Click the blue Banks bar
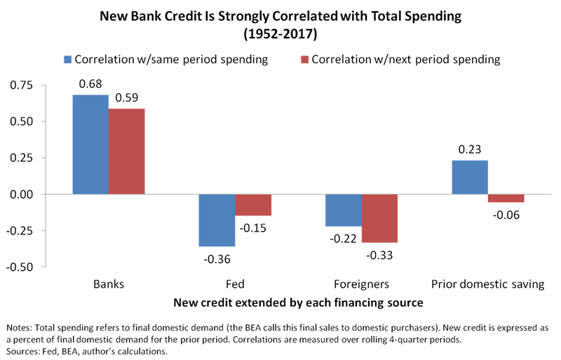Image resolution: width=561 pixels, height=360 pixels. [x=90, y=144]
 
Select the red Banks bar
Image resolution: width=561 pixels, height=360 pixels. [x=126, y=151]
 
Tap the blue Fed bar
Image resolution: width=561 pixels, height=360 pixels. [x=217, y=220]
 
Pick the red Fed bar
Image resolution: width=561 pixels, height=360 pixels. [x=252, y=204]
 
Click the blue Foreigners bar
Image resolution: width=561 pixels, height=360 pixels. [x=344, y=210]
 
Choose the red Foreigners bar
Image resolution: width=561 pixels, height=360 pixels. [x=379, y=218]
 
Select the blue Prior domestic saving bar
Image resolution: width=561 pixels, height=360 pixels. [x=470, y=177]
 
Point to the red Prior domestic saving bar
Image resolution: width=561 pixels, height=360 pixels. [x=506, y=198]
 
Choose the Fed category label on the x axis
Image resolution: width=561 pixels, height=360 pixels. [x=235, y=284]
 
